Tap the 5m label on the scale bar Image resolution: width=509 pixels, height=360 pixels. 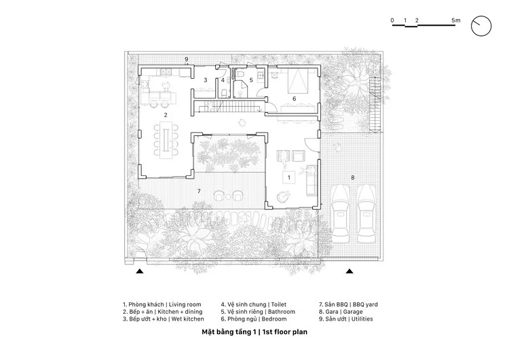point(456,20)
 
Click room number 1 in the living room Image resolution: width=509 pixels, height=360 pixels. point(289,177)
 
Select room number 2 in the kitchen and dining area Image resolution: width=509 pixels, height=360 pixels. point(166,115)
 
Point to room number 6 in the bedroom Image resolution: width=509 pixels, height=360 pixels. point(295,98)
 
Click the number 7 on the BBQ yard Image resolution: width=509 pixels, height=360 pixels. point(199,191)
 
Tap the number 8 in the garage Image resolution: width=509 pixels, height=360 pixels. point(352,177)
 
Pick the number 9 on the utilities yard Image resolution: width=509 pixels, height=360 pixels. point(187,59)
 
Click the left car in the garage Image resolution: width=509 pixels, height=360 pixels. point(341,213)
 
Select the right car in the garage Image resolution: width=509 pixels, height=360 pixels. point(366,213)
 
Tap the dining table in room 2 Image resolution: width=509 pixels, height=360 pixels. point(166,140)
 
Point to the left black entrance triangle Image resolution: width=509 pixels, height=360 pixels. point(140,271)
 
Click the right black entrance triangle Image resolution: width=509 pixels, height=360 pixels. point(350,271)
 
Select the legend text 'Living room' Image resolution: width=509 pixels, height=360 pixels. point(185,305)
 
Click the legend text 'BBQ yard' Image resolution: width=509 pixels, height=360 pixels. point(365,305)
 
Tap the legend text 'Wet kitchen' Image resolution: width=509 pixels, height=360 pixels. point(187,319)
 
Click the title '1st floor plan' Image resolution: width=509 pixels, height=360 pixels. point(284,332)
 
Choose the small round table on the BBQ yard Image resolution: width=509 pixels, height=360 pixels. point(228,196)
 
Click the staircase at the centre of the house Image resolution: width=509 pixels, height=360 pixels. point(229,107)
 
